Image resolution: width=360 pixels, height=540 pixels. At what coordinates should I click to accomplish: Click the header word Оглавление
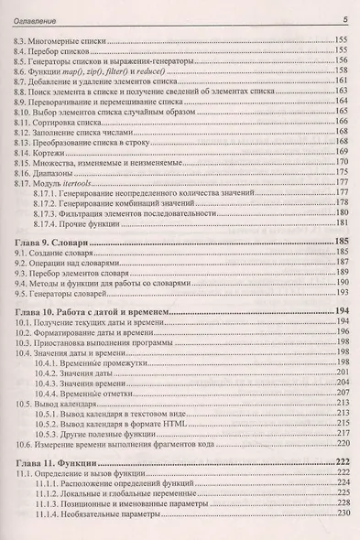(x=33, y=20)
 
